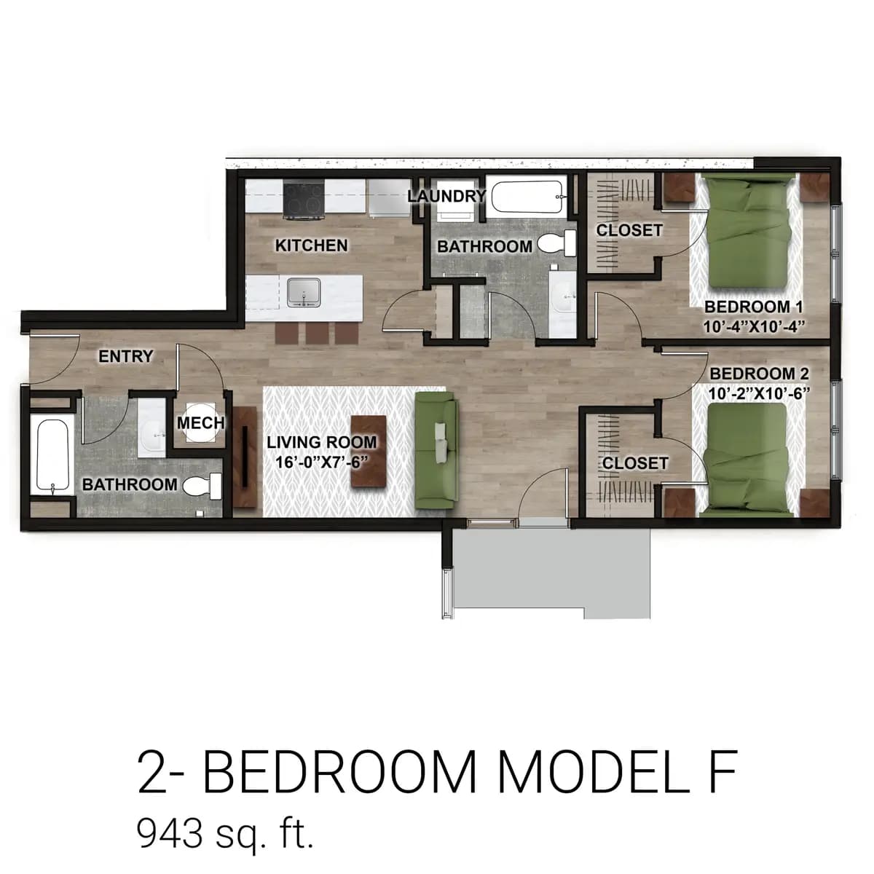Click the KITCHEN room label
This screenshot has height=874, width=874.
click(x=311, y=245)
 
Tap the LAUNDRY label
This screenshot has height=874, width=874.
click(x=446, y=196)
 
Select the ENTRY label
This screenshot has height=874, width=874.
click(x=126, y=356)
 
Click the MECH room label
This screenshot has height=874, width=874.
click(x=200, y=422)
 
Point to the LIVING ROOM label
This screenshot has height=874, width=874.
click(x=321, y=442)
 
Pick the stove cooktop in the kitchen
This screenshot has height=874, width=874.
click(x=303, y=200)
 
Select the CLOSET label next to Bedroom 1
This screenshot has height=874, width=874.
click(x=629, y=230)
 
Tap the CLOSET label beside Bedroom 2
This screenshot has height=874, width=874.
click(x=635, y=463)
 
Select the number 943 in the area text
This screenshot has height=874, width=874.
click(x=170, y=833)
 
